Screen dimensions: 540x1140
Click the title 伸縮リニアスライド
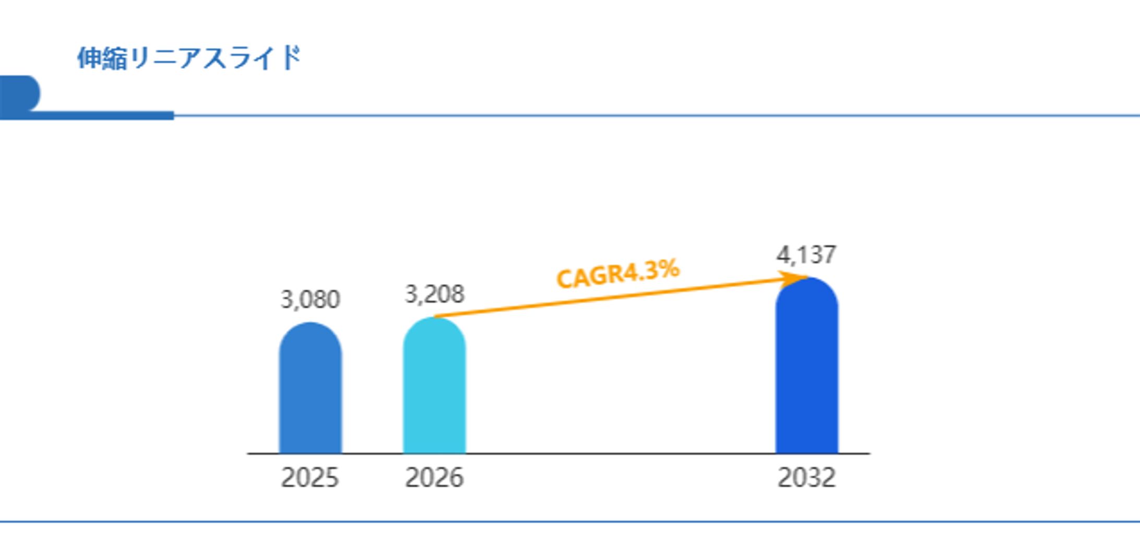(189, 57)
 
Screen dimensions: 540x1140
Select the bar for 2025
(310, 391)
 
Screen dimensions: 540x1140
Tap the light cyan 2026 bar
(434, 389)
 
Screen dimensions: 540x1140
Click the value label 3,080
(310, 299)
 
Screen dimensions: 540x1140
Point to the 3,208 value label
(434, 294)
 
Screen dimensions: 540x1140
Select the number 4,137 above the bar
(806, 255)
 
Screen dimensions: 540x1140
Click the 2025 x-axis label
(310, 477)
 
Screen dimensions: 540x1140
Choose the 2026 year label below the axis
(434, 477)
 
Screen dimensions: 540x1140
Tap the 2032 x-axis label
(806, 477)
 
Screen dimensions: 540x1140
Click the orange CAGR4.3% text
(618, 274)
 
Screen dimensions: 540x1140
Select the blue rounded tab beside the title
(20, 93)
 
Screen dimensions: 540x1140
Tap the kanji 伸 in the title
(89, 57)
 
